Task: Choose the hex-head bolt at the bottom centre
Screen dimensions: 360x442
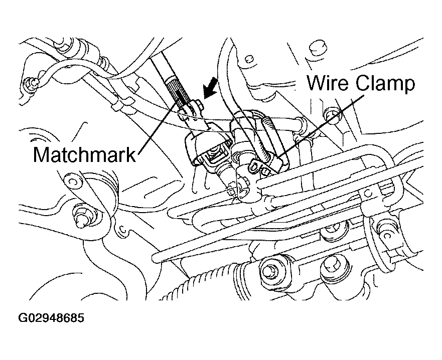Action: coord(268,271)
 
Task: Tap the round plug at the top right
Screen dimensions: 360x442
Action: coord(315,49)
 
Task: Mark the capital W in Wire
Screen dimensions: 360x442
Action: coord(315,83)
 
